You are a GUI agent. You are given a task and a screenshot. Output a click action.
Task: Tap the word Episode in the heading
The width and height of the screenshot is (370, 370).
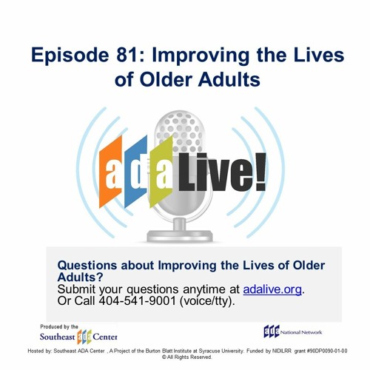coord(70,56)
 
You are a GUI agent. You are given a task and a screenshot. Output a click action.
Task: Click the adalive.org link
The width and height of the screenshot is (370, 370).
coord(272,289)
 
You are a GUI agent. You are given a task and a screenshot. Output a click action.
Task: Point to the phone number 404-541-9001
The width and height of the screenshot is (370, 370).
coord(137,300)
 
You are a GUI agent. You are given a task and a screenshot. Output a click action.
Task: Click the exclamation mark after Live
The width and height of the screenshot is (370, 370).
coord(260,172)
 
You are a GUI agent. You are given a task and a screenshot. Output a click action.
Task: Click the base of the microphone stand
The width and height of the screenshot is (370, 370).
coord(180,235)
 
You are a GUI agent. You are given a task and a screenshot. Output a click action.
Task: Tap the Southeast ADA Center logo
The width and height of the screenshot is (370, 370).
coord(78,337)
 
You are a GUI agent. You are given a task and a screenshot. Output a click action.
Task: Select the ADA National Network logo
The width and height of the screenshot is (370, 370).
coord(293,332)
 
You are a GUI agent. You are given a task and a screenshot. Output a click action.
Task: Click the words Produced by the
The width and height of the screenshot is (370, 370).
coord(59,327)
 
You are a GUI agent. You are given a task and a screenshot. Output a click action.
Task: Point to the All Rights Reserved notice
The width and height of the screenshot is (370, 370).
coord(187,357)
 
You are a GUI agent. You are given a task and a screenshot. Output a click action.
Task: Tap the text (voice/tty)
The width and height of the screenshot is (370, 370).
coord(207,301)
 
